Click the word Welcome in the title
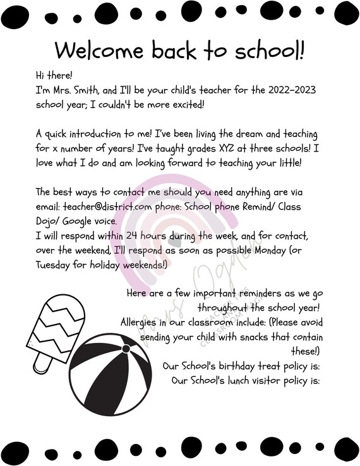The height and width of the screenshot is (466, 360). click(95, 50)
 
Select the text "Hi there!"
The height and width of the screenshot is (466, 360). click(55, 76)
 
